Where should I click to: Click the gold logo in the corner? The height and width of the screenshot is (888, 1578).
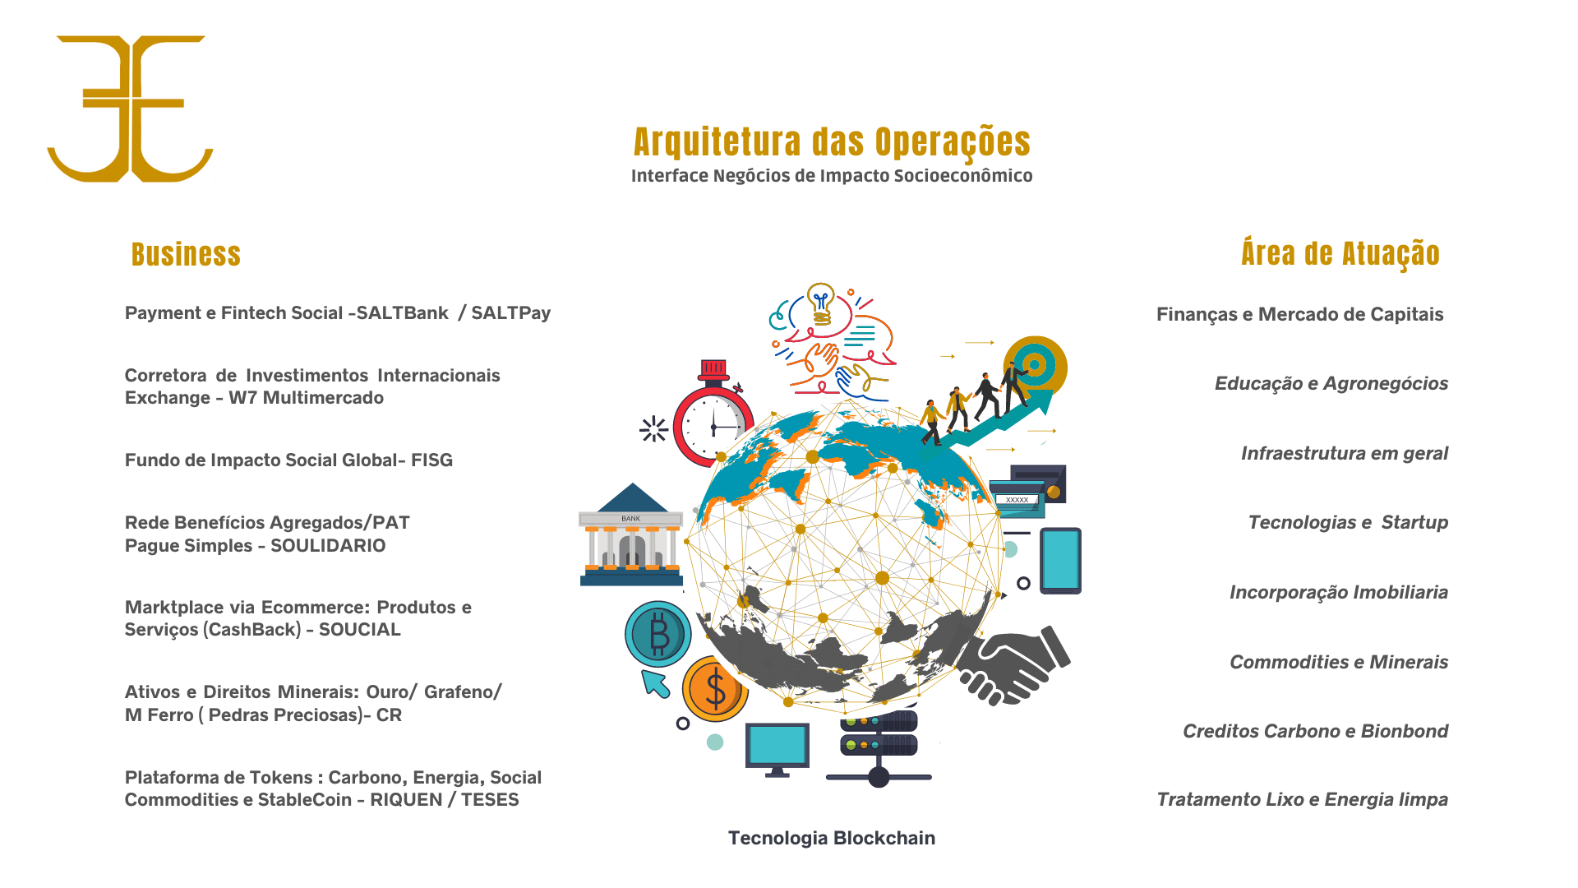point(130,109)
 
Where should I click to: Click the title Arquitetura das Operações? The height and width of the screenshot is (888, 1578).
point(832,142)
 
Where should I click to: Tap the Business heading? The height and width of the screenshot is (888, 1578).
point(186,255)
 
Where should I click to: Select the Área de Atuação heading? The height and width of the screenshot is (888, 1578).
point(1340,254)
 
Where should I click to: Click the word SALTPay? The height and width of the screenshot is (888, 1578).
point(510,313)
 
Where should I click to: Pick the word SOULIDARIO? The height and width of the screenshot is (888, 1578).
point(328,546)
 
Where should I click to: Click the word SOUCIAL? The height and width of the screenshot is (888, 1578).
point(359,630)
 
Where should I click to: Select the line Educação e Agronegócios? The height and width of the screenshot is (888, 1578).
point(1331,384)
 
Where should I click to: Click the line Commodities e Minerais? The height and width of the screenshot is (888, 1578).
point(1338,663)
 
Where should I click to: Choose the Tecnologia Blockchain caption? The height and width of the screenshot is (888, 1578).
point(831,838)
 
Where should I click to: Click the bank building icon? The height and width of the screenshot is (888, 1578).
point(631,536)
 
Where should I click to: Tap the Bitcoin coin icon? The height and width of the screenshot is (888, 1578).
point(658,634)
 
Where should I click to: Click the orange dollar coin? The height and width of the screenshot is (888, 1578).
point(713,689)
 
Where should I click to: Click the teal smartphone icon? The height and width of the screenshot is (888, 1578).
point(1060,561)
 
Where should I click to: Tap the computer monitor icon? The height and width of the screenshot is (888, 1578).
point(777,748)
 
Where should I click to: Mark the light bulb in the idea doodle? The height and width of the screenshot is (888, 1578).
point(820,302)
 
